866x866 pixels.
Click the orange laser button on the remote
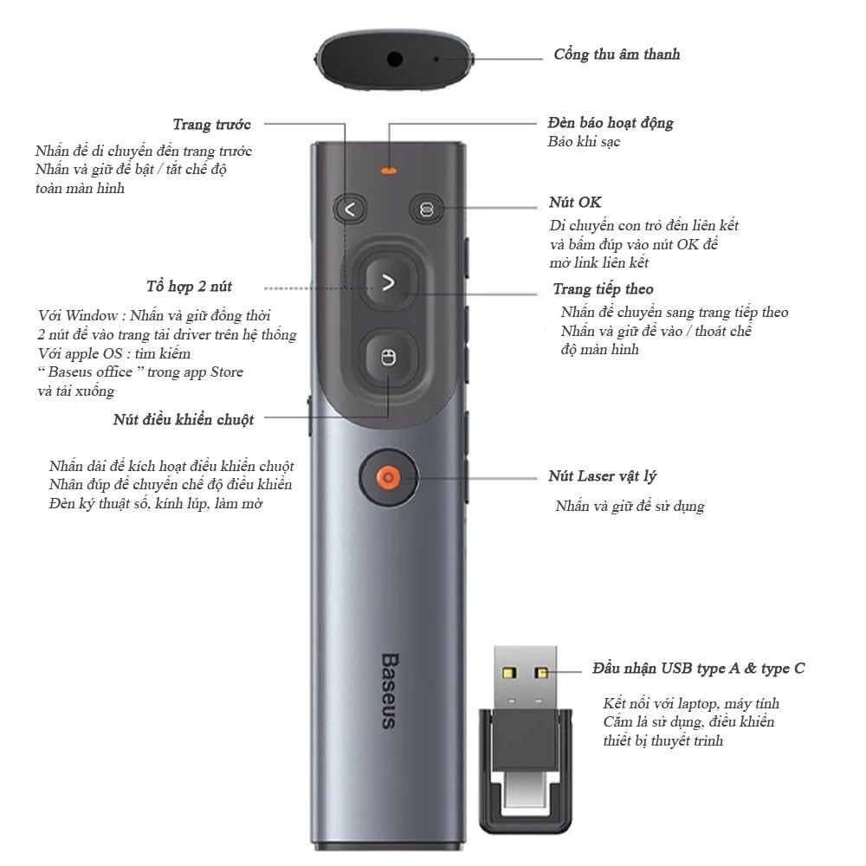388,477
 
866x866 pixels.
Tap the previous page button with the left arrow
350,210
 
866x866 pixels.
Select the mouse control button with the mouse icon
389,358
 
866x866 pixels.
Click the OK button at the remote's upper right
426,210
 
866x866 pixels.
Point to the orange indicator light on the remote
389,171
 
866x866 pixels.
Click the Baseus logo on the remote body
390,691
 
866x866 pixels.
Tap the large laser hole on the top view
394,59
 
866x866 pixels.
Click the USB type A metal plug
526,676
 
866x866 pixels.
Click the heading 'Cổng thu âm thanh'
617,54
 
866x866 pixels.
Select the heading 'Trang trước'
212,124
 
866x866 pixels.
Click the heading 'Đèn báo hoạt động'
611,123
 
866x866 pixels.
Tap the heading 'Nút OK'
575,202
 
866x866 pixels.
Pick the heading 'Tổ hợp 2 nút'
189,286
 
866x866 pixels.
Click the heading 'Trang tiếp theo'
603,289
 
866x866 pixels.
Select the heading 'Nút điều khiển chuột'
184,420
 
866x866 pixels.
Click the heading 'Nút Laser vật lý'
602,476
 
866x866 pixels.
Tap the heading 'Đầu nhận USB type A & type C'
699,669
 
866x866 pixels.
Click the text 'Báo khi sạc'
584,142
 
